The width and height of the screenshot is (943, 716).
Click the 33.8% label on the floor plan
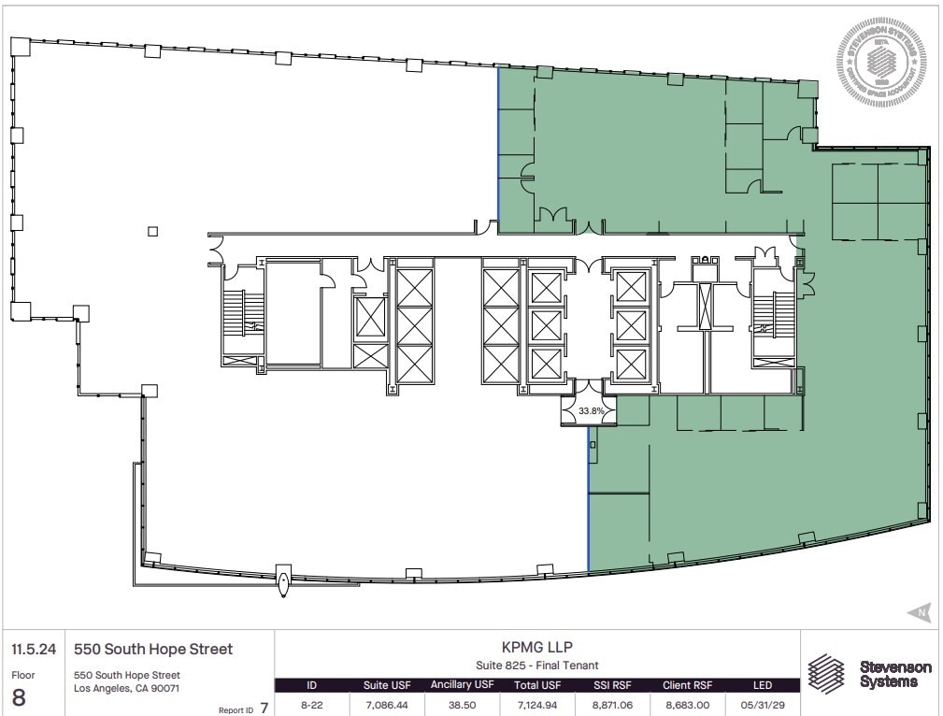[x=591, y=410]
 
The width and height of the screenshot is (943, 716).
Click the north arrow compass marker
[x=919, y=613]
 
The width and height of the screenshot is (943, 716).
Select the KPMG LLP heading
[x=537, y=646]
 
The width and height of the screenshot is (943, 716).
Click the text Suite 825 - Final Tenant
[x=537, y=665]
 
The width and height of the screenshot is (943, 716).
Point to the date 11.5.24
[x=31, y=649]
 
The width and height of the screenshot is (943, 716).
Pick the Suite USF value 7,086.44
[x=386, y=704]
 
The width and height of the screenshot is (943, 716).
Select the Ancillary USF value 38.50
[x=461, y=704]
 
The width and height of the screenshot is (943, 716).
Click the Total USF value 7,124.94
[x=537, y=704]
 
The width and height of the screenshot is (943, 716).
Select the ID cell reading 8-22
[x=311, y=704]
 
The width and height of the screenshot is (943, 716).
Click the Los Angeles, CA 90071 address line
[x=126, y=689]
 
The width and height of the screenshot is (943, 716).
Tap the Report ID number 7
[x=264, y=708]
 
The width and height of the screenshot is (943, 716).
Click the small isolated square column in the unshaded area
[x=153, y=232]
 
